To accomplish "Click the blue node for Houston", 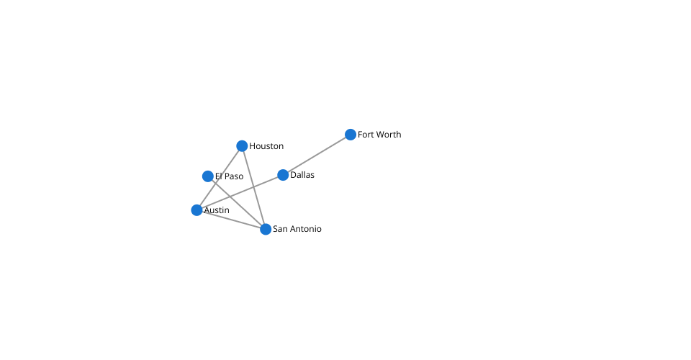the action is (242, 146).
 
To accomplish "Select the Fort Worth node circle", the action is (351, 135).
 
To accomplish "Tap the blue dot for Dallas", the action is (283, 175).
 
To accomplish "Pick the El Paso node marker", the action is (208, 176).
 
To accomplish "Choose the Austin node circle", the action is (197, 210).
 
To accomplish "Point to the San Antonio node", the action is (266, 229).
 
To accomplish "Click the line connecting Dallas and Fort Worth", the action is (317, 155).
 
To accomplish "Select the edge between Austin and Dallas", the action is (240, 192).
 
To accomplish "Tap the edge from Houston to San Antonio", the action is (254, 187).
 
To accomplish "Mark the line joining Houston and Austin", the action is (220, 178).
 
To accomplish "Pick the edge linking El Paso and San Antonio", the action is (237, 203).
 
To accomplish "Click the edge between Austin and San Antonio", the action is (231, 220).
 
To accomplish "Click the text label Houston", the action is (266, 146).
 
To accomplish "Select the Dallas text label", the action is (302, 175).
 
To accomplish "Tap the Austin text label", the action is (217, 210).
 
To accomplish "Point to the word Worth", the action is (389, 135).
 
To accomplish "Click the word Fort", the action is (366, 135).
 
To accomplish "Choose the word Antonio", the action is (305, 229).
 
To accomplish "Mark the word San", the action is (280, 229).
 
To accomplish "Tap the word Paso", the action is (234, 176).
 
